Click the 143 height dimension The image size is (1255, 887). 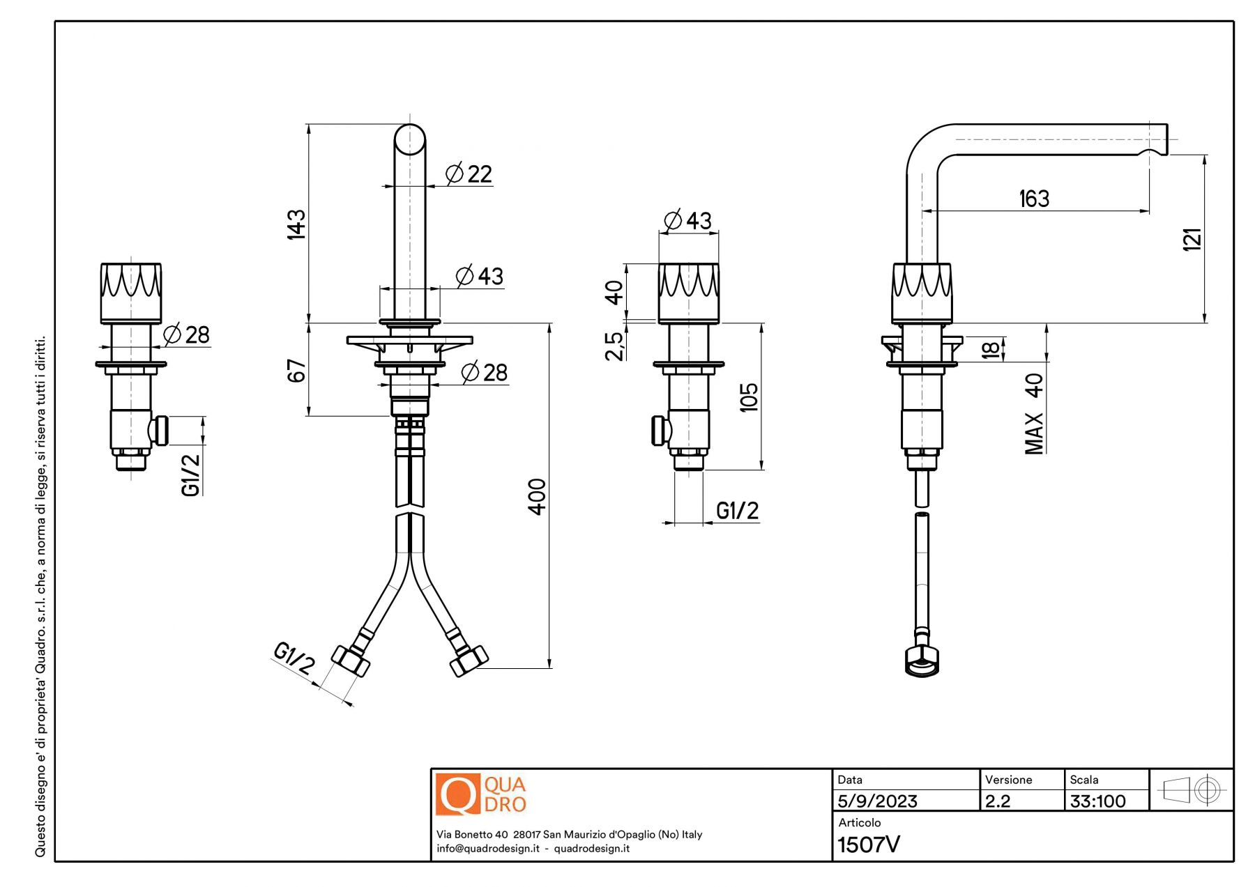coord(296,224)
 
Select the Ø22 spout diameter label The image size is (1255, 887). coord(469,173)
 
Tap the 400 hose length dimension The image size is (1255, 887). coord(537,496)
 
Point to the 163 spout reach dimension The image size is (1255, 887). coord(1034,199)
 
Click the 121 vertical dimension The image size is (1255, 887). coord(1192,239)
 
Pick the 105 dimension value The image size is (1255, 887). coord(748,397)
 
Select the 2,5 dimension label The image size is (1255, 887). coord(614,346)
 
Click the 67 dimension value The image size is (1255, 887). coord(296,371)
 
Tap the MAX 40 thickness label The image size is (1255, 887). coord(1034,414)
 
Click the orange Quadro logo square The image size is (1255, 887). coord(458,794)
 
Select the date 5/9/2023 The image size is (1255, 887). coord(877,801)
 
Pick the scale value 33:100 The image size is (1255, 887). coord(1097,801)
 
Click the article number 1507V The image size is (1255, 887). coord(868,844)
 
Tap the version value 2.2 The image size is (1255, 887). coord(998,801)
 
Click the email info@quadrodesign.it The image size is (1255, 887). coord(488,849)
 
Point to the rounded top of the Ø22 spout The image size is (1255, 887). coord(410,138)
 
